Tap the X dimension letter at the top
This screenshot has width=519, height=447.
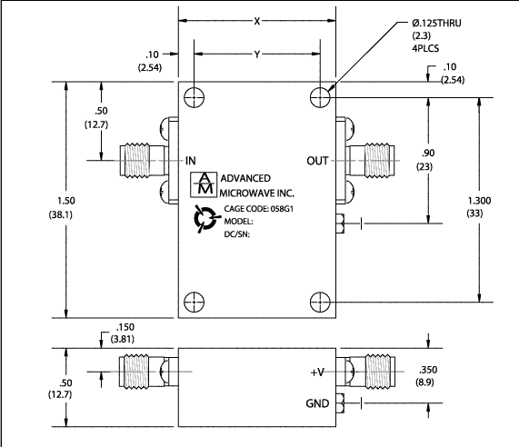point(257,22)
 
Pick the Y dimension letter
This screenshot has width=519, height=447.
point(257,55)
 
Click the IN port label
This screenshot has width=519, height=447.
point(191,161)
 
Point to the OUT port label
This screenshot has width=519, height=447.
point(317,161)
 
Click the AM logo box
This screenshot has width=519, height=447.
point(204,184)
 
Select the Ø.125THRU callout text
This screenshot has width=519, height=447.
point(436,23)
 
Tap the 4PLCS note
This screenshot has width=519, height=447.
point(425,48)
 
